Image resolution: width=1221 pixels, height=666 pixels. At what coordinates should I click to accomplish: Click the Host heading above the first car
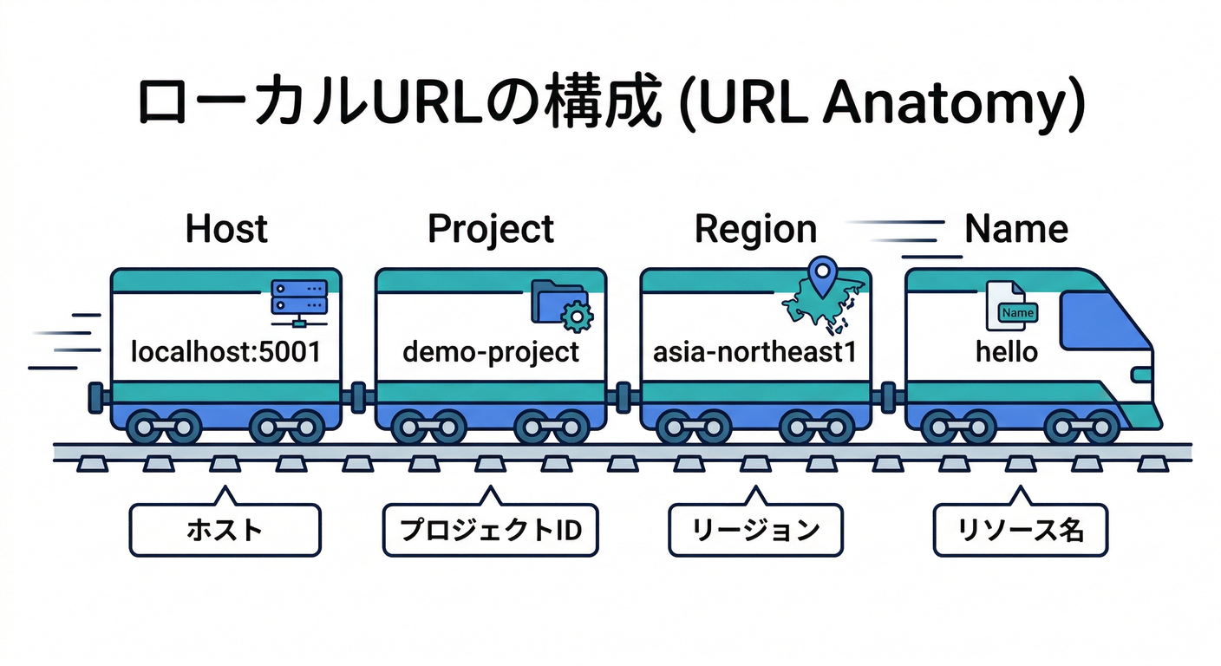(226, 229)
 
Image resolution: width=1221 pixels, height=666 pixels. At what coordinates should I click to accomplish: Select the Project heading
(491, 229)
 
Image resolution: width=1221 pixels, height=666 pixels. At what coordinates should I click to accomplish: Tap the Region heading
(755, 229)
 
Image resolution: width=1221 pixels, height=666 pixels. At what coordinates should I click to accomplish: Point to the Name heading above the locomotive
(1016, 229)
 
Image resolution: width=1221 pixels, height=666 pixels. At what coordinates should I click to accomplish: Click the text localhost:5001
(225, 352)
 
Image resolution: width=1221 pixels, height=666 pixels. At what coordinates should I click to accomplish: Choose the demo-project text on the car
(491, 352)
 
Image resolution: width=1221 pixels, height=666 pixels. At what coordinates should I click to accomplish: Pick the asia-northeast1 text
(755, 352)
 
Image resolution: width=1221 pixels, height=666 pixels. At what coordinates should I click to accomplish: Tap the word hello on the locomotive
(1006, 352)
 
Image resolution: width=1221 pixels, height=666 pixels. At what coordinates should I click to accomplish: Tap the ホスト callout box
(225, 530)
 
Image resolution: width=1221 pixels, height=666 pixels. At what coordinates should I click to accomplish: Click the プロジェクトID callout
(490, 530)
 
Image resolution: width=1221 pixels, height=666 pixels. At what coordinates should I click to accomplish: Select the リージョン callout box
(754, 530)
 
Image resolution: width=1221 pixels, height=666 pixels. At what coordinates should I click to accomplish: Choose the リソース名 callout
(1020, 530)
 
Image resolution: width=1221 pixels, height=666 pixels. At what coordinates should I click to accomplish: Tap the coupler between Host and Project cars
(358, 398)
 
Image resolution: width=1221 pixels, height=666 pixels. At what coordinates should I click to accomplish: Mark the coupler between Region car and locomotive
(887, 398)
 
